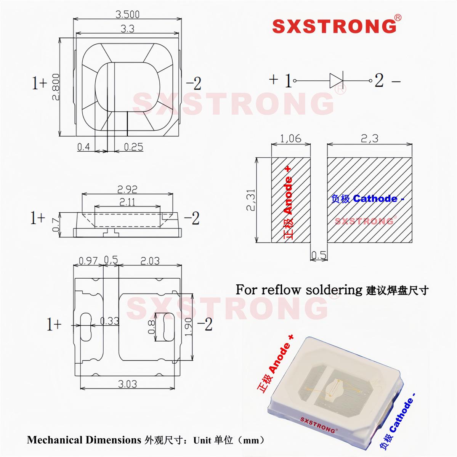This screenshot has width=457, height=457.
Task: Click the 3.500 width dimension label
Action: click(x=127, y=14)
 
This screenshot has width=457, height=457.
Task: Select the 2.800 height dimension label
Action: click(x=56, y=87)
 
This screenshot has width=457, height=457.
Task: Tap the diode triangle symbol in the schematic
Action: click(x=336, y=81)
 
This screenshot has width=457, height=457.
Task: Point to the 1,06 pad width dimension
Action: click(x=290, y=138)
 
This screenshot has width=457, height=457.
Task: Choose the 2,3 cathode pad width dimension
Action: click(x=369, y=138)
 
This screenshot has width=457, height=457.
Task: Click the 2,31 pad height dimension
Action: click(x=251, y=200)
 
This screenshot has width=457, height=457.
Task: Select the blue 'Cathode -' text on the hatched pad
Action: click(x=378, y=199)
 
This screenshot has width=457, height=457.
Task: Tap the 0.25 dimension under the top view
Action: click(x=133, y=147)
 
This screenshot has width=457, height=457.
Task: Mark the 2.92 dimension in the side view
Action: click(x=127, y=189)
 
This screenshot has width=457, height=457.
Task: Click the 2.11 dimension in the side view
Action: click(x=127, y=202)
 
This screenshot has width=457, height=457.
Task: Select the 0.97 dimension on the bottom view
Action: click(x=88, y=261)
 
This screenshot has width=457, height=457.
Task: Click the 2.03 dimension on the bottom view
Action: click(x=150, y=261)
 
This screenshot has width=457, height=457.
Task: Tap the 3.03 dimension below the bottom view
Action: click(x=127, y=384)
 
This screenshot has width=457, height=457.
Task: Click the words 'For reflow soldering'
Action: click(x=298, y=290)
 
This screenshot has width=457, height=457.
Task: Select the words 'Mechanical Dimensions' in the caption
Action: click(x=84, y=440)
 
